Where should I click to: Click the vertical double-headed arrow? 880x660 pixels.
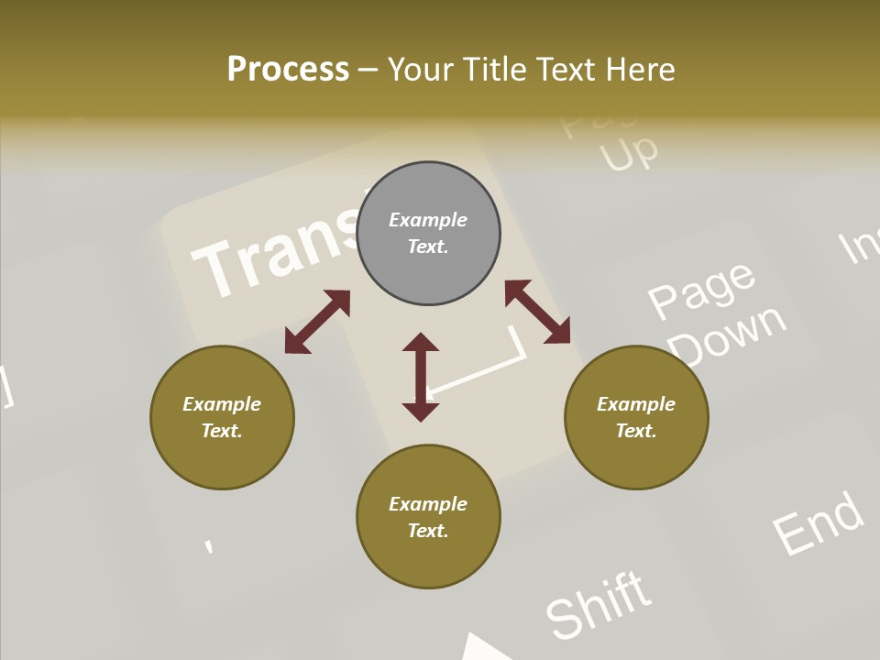click(x=421, y=377)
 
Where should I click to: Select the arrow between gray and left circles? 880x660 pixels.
click(x=317, y=321)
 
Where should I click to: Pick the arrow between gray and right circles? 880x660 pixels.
click(x=538, y=313)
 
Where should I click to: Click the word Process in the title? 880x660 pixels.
click(x=288, y=69)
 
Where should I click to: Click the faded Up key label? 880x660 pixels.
click(x=629, y=152)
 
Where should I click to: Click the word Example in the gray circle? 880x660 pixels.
click(x=428, y=220)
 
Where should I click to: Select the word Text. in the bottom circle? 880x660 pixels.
click(x=428, y=531)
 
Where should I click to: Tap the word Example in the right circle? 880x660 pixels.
click(x=636, y=404)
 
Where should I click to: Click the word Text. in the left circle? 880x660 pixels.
click(x=222, y=431)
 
